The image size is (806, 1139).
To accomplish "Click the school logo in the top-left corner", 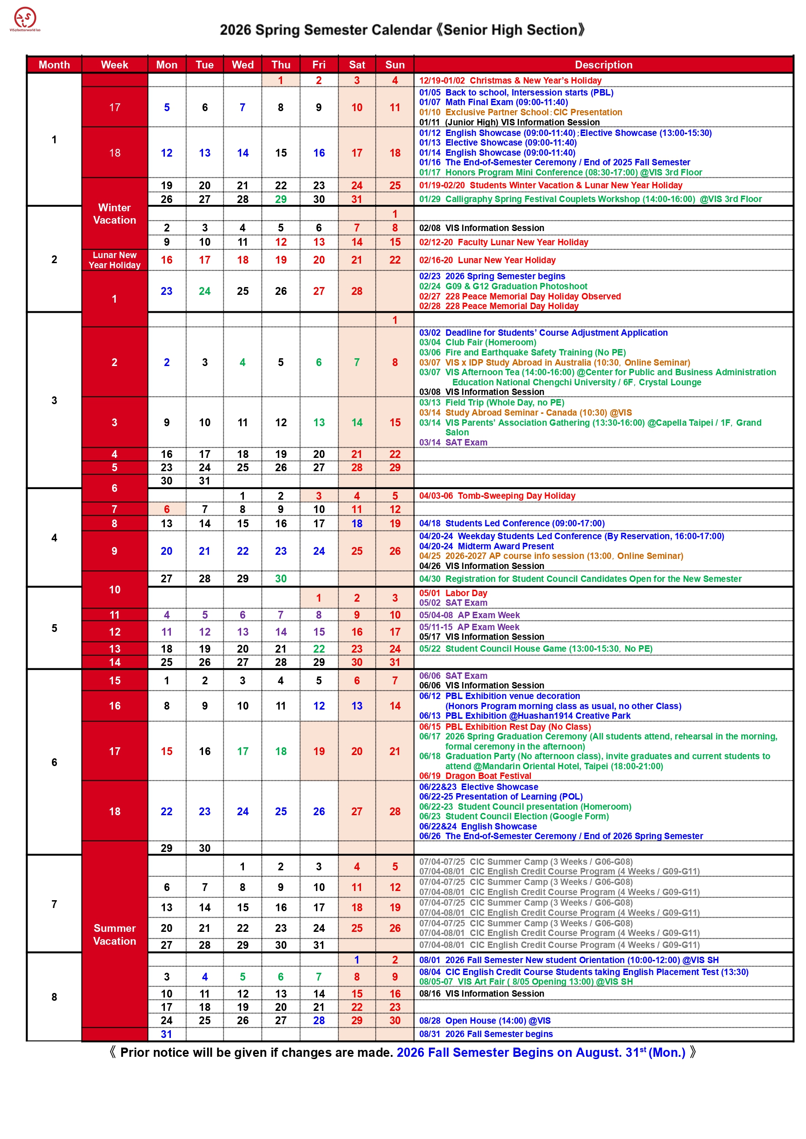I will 25,19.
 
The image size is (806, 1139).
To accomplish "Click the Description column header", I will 603,65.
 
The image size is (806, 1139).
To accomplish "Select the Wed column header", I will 242,65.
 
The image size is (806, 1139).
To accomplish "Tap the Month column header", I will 54,65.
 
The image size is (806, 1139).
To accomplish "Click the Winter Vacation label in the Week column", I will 114,214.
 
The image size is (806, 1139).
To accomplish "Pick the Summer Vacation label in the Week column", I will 114,934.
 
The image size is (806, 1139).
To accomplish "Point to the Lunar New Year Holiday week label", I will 114,260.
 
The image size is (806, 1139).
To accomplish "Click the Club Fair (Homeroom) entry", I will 478,343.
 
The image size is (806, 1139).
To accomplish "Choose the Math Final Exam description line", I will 493,102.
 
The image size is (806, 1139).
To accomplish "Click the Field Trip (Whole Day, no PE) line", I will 491,402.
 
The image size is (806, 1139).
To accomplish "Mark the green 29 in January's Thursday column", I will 281,199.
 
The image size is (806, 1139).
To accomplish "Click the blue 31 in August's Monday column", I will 166,1034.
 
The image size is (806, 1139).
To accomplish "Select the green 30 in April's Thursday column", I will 281,579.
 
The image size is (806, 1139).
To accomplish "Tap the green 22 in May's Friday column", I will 319,648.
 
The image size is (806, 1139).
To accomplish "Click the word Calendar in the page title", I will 401,30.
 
